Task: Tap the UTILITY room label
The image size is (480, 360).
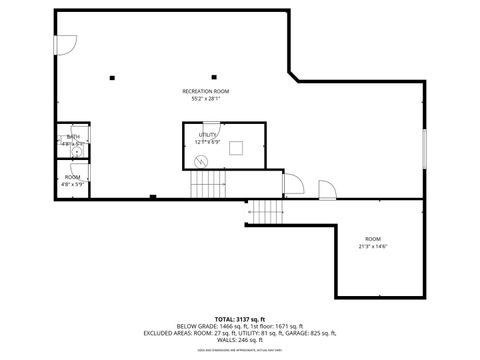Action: click(208, 134)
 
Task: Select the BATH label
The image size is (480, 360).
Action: click(73, 137)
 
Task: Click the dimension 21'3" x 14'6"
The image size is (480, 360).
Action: click(372, 245)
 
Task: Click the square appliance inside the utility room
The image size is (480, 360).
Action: click(237, 149)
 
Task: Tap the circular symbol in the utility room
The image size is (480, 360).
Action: click(200, 161)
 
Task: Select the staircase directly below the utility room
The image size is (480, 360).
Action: click(209, 183)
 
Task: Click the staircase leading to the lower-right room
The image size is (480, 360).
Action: click(266, 212)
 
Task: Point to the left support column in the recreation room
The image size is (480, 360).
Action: click(112, 77)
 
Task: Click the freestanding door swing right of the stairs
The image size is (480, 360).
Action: click(326, 189)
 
